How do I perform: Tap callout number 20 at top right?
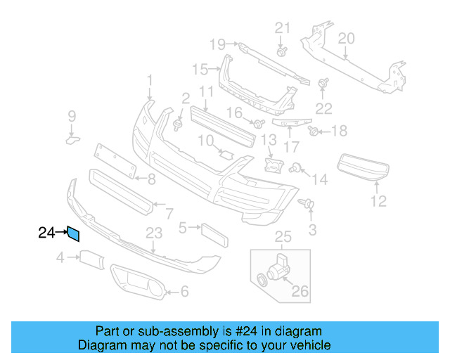347,38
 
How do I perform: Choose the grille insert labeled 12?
364,167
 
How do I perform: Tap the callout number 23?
154,233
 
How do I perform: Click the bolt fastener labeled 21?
282,51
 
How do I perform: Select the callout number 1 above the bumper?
149,81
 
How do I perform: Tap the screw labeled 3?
308,205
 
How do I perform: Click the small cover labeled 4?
92,259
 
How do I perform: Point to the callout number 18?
340,131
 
